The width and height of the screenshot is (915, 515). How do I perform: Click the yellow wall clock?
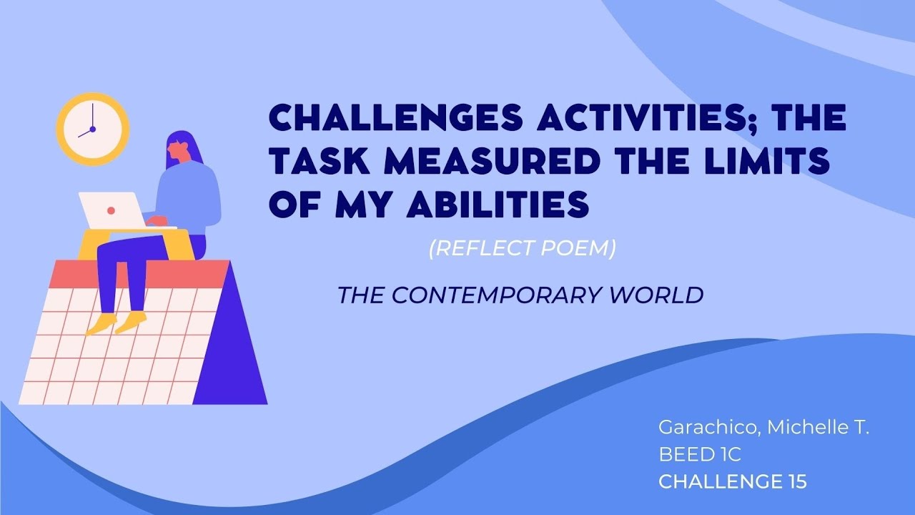tap(92, 129)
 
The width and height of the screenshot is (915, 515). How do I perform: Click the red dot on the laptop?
tap(111, 211)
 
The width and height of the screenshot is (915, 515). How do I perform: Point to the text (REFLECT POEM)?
tap(522, 250)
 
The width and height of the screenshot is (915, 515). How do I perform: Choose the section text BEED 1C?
tap(699, 455)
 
